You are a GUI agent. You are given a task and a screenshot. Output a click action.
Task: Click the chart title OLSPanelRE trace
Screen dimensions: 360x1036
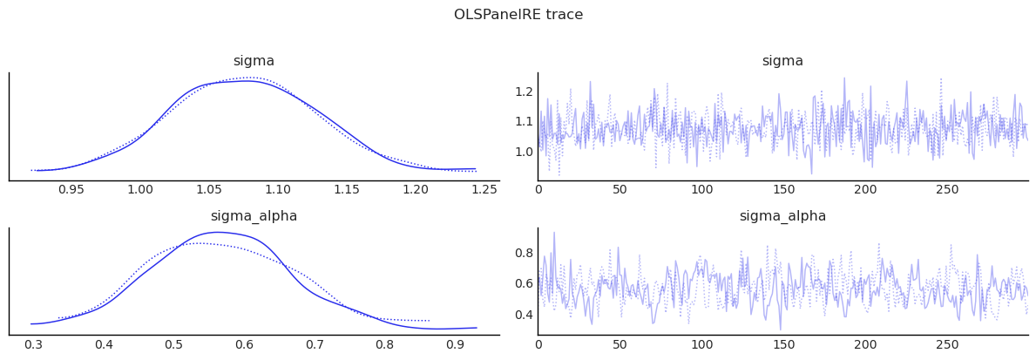[x=518, y=15]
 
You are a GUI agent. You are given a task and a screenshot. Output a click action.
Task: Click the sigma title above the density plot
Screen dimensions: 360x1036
[x=254, y=61]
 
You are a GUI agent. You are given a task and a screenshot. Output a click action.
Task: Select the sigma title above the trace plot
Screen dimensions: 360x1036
[x=782, y=61]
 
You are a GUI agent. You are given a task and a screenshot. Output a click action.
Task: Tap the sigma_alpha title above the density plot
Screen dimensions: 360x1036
[x=254, y=216]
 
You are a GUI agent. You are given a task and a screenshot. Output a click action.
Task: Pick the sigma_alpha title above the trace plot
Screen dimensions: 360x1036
[x=782, y=216]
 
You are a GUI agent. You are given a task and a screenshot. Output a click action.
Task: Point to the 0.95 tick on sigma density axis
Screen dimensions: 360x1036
[x=71, y=189]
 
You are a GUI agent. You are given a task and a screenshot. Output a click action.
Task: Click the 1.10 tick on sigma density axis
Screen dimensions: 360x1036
[x=278, y=189]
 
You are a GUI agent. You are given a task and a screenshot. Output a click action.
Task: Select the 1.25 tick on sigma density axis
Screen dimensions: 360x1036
[x=484, y=189]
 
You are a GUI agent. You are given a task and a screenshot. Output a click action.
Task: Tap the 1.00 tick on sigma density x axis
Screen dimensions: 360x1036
[x=140, y=189]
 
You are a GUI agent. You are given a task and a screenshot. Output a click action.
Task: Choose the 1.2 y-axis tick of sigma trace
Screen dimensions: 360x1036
[x=523, y=92]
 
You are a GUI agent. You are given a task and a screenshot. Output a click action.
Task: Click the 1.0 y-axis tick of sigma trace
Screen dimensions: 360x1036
[x=523, y=152]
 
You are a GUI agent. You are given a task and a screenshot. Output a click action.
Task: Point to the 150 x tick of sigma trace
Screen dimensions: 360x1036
[x=783, y=189]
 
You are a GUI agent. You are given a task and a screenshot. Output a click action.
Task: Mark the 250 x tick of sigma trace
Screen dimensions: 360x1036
[x=947, y=189]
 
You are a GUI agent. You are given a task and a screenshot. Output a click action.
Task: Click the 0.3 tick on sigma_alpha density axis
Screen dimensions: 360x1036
[x=33, y=344]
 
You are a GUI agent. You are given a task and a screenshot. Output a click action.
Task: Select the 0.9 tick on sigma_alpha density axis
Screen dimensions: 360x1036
[x=455, y=344]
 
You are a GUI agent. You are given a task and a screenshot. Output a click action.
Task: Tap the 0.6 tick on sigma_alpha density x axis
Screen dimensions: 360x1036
[x=244, y=344]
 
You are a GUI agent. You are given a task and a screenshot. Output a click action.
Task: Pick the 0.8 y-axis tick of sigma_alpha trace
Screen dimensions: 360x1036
[x=523, y=253]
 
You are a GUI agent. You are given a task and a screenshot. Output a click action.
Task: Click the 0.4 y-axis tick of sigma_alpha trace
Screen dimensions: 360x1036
[x=523, y=315]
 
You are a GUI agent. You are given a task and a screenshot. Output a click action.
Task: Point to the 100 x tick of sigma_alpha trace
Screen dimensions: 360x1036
[x=701, y=344]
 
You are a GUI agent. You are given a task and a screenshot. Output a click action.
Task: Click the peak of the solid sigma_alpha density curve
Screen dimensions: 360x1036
[x=216, y=232]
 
